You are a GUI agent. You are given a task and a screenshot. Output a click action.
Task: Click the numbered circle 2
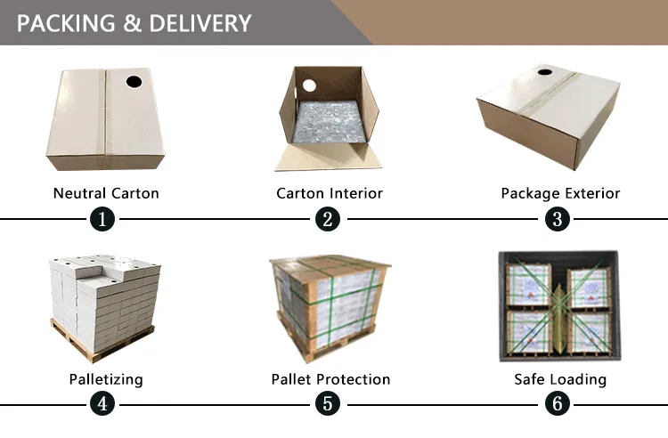pos(329,219)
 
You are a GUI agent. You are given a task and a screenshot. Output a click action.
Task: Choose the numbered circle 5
pos(329,404)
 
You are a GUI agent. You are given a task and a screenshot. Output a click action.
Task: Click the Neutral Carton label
pos(106,193)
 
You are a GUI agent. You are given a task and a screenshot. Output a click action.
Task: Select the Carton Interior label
pos(330,193)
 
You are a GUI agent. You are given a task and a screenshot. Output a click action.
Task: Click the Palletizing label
pos(106,379)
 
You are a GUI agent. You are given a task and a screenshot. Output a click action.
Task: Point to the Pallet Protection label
pos(330,379)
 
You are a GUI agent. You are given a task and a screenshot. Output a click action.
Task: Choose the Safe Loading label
pos(560,379)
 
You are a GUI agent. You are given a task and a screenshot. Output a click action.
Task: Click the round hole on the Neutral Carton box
pos(134,82)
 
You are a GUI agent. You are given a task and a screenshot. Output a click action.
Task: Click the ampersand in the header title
pos(133,23)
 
